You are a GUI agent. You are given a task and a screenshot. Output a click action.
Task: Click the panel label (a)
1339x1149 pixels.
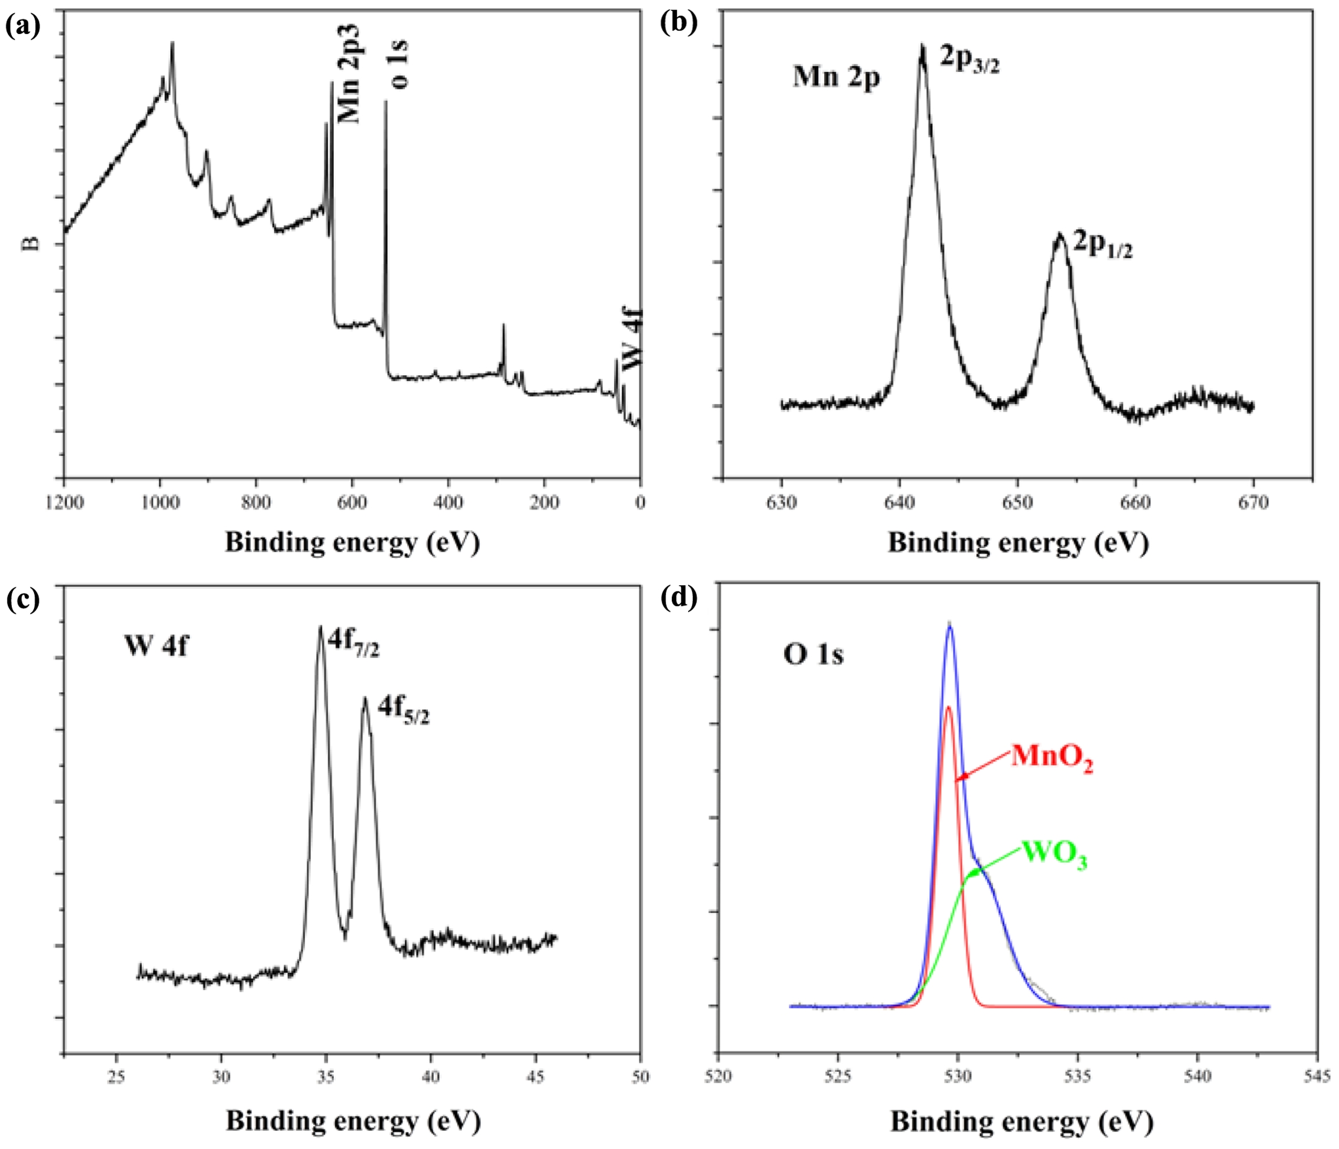click(23, 26)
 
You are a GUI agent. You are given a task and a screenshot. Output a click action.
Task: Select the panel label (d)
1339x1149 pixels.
click(679, 598)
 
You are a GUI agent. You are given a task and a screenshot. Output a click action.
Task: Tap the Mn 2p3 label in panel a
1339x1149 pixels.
click(350, 74)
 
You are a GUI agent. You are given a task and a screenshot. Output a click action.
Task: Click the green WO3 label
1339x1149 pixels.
click(1054, 854)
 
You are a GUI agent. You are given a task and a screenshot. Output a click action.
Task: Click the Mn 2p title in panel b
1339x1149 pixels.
click(836, 77)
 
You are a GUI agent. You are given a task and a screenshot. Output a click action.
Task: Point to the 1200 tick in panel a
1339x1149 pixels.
click(64, 503)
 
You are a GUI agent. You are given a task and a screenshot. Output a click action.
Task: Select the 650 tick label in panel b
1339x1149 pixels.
click(1017, 503)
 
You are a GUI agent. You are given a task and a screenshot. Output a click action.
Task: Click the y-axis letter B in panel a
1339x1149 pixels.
click(31, 244)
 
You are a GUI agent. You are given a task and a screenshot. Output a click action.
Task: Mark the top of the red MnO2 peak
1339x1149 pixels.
click(948, 708)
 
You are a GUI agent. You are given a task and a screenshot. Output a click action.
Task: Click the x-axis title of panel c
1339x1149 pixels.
click(353, 1122)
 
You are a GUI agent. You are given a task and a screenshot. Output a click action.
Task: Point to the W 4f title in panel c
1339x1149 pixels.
click(156, 645)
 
